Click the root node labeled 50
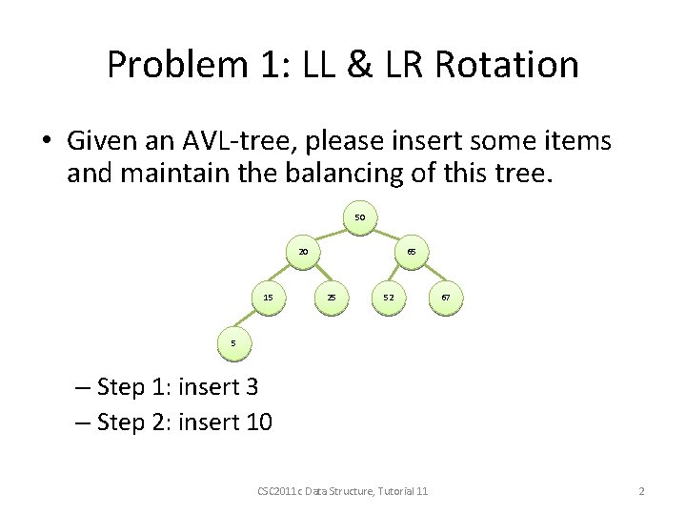[x=359, y=217]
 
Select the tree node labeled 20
[x=303, y=253]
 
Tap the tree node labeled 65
[x=411, y=253]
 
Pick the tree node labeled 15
[x=269, y=298]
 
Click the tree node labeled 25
[x=331, y=298]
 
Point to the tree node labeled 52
[x=389, y=298]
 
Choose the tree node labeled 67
[x=445, y=298]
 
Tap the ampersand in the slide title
[x=361, y=65]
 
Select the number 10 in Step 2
[x=258, y=422]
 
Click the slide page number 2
[x=641, y=490]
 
